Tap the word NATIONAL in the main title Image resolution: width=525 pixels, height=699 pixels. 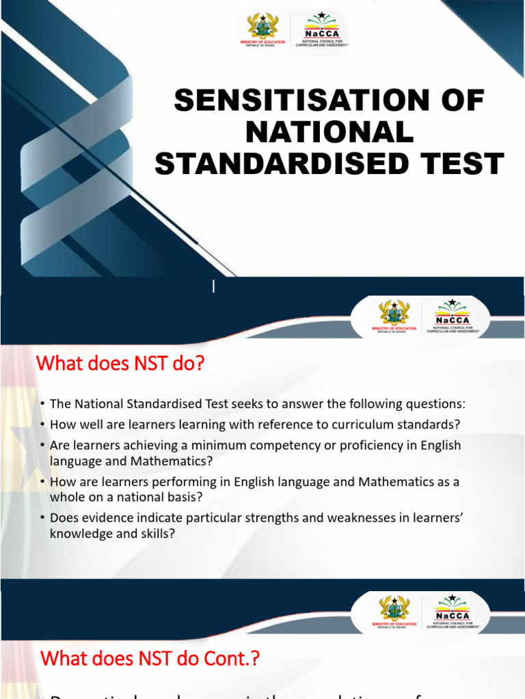click(329, 132)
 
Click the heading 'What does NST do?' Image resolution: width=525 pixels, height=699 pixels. click(120, 364)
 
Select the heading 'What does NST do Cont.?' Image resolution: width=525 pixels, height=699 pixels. click(150, 659)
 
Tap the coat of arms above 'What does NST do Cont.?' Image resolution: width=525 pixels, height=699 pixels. click(394, 609)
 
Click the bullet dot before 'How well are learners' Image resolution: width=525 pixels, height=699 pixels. click(42, 425)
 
